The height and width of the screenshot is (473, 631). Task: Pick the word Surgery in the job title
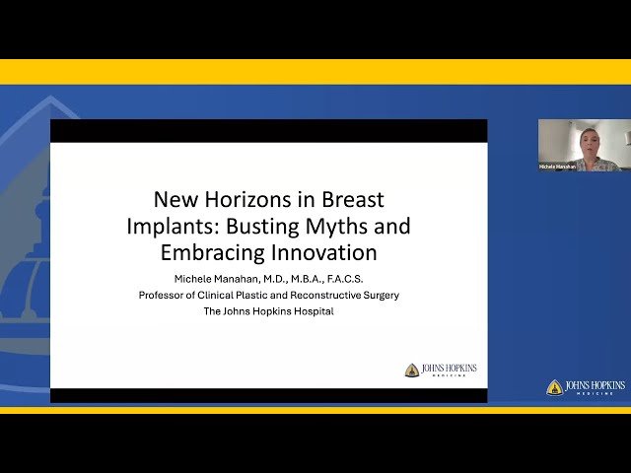(x=380, y=295)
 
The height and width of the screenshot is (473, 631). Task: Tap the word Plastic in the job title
(x=257, y=295)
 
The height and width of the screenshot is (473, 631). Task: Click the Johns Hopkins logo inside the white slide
(x=441, y=371)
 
